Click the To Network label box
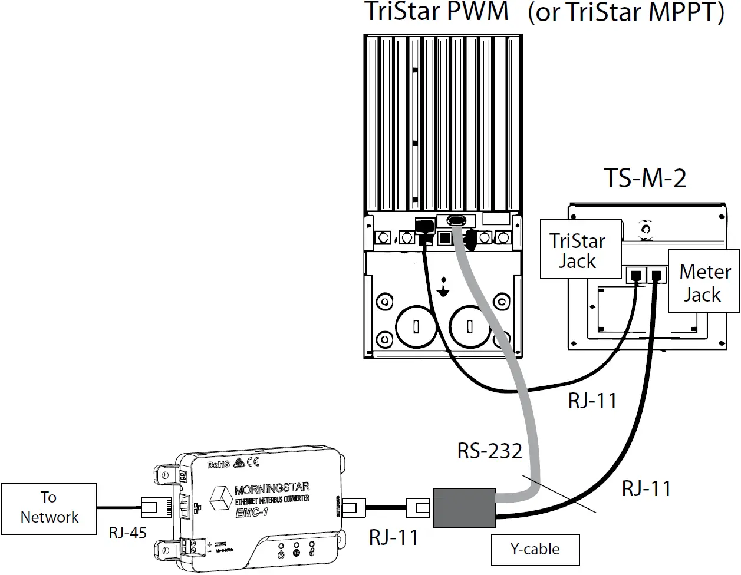click(49, 508)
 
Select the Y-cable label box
click(535, 549)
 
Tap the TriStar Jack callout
click(580, 250)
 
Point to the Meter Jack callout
click(703, 282)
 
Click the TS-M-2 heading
click(645, 178)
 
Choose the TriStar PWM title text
click(436, 12)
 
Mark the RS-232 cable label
click(489, 451)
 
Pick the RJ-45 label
click(127, 533)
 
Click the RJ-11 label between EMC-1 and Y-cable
click(393, 537)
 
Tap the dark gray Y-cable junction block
click(464, 507)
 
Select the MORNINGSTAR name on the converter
click(272, 488)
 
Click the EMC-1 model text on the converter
click(252, 513)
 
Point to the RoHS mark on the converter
click(218, 465)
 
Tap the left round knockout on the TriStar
click(416, 326)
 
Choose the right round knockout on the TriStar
click(470, 326)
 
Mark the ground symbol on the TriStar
click(443, 287)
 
